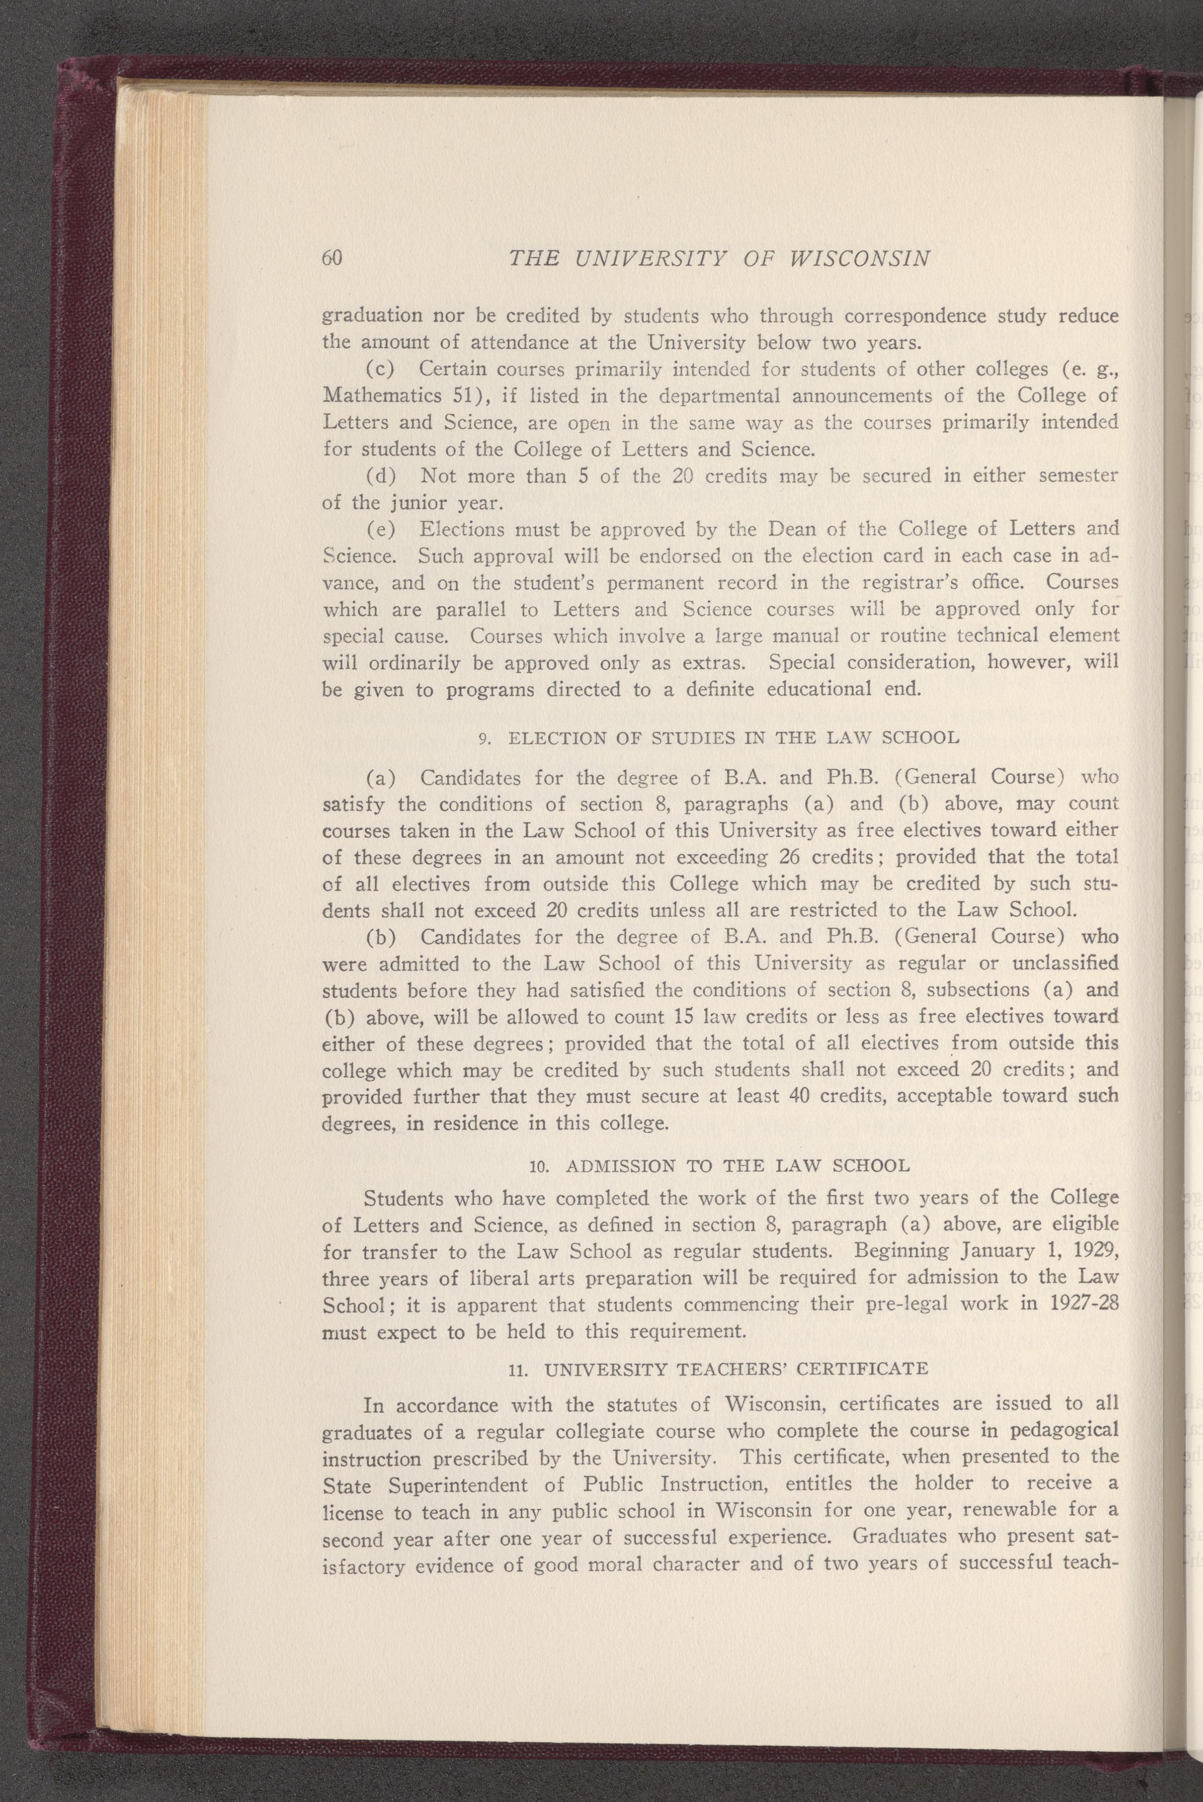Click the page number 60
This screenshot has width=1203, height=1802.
[331, 258]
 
